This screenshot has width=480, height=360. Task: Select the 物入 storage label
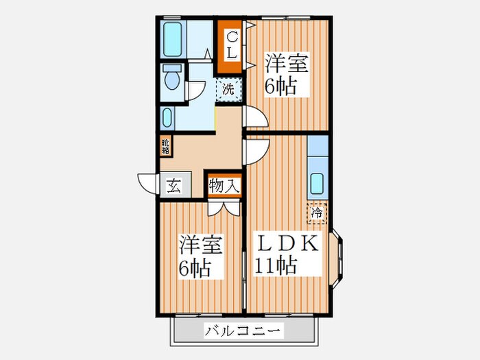[224, 186]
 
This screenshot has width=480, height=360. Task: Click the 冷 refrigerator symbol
[317, 214]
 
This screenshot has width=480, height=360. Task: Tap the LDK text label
[288, 244]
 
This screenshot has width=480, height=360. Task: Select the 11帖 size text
[276, 266]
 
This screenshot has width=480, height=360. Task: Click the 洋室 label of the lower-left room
[200, 244]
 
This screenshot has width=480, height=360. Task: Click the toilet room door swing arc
[196, 89]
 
